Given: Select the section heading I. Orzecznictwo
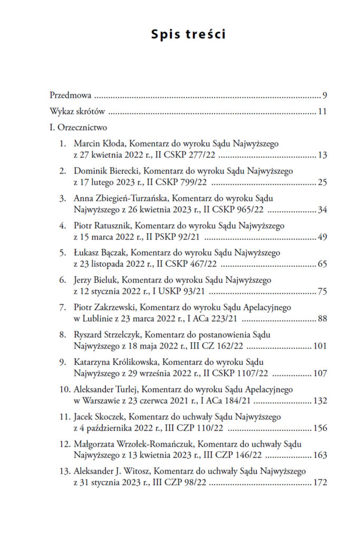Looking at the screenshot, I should [78, 128].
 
